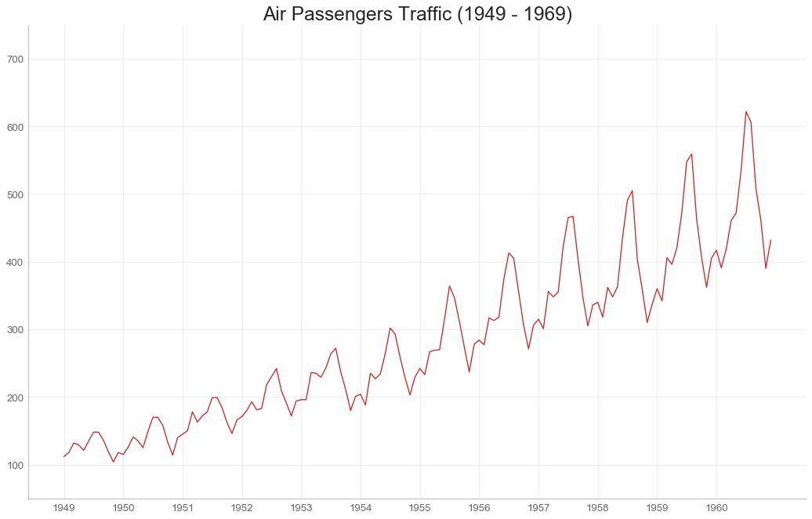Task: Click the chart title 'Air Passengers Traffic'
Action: (x=417, y=14)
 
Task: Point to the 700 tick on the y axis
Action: (x=15, y=59)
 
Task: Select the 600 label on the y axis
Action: (x=15, y=127)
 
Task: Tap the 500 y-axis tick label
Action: (x=15, y=194)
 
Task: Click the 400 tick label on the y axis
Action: (x=15, y=262)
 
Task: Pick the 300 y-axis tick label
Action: (x=15, y=330)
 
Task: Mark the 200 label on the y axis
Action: (x=15, y=397)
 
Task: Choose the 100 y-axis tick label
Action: (x=15, y=466)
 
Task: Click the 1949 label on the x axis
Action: (x=64, y=508)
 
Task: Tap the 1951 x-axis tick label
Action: (x=183, y=508)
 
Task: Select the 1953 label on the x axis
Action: (x=301, y=508)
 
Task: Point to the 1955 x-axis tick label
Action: (x=420, y=508)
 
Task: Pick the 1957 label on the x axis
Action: (x=538, y=508)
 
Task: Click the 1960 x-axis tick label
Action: (x=716, y=508)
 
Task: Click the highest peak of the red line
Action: (x=746, y=111)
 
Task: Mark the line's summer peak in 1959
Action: (x=691, y=154)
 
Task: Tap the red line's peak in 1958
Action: (x=633, y=191)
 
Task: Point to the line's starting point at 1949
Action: (x=64, y=456)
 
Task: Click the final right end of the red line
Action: (x=770, y=240)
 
